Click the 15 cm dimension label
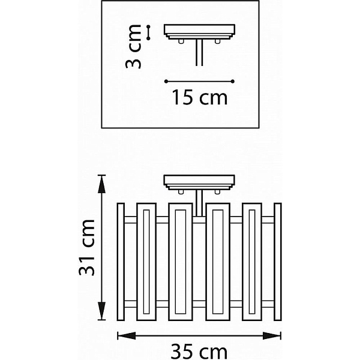coord(200,97)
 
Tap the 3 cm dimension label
coord(133,47)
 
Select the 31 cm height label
coord(86,247)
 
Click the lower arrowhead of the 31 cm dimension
coord(101,311)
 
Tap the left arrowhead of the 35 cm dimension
coord(127,335)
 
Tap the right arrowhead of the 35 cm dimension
coord(272,335)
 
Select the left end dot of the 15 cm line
coord(166,81)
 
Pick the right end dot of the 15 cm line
coord(233,81)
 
